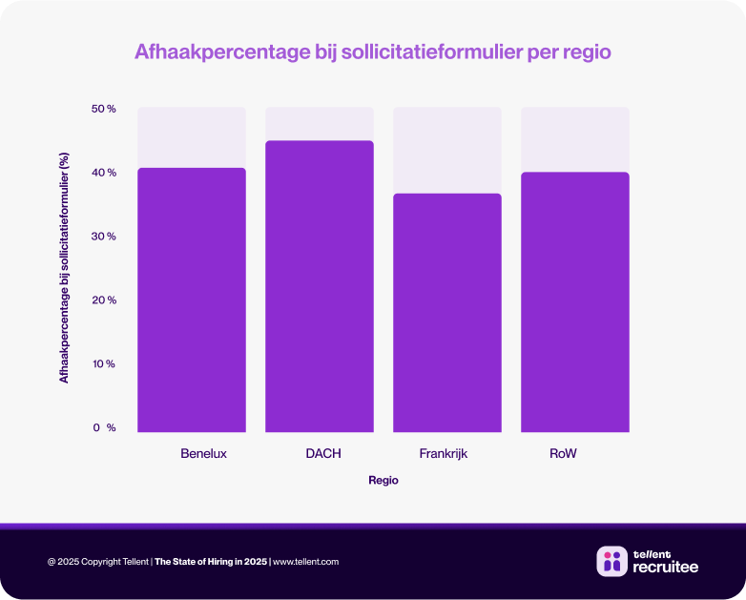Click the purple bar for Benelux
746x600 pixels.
(191, 300)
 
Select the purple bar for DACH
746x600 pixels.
(319, 286)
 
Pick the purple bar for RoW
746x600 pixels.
(574, 301)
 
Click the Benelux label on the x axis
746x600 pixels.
(203, 453)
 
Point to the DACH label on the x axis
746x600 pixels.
(322, 453)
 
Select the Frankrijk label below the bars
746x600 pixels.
(444, 453)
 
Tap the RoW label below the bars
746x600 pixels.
(563, 453)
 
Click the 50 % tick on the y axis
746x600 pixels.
(104, 109)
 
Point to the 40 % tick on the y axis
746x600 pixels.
(104, 173)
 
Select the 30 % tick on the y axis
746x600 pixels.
(104, 237)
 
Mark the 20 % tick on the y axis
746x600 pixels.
(104, 300)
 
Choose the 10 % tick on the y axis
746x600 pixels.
(104, 364)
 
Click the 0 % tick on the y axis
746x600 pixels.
(104, 428)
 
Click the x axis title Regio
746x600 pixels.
(383, 481)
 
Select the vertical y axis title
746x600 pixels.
(65, 267)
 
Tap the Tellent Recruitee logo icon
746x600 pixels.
(611, 561)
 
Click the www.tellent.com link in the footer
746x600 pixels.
(305, 562)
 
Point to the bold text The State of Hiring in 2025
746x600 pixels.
(211, 562)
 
